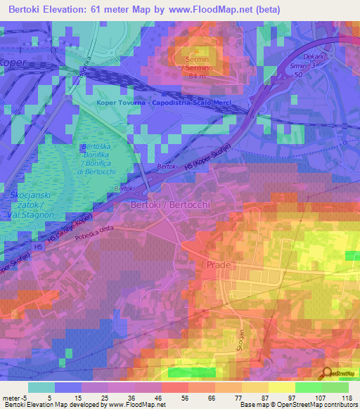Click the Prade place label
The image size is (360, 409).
pos(219,264)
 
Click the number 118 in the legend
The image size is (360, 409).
pos(346,397)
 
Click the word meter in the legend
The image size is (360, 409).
pos(12,397)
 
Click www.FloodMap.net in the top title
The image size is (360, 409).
pos(219,9)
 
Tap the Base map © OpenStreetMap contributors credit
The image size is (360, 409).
pos(299,405)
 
